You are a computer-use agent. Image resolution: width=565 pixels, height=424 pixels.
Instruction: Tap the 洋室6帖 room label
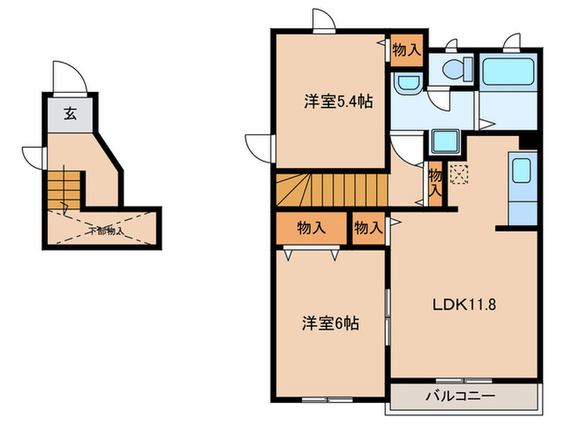point(331,324)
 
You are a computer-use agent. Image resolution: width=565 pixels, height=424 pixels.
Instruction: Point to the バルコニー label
point(460,396)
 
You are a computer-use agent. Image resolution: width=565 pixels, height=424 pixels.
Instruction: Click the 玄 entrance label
point(70,114)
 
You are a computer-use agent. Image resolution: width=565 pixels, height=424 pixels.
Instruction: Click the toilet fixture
point(455,71)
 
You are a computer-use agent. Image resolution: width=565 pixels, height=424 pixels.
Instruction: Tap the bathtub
point(507,76)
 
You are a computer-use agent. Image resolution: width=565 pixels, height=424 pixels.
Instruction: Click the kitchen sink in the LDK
point(521,170)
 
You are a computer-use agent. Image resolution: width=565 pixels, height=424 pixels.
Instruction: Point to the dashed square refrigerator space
point(458,174)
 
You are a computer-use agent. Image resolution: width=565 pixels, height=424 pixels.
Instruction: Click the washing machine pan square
point(446,141)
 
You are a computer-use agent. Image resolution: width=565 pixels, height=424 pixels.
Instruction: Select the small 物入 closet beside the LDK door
point(368,228)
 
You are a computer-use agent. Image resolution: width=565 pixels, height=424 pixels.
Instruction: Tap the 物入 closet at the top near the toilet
point(406,49)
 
